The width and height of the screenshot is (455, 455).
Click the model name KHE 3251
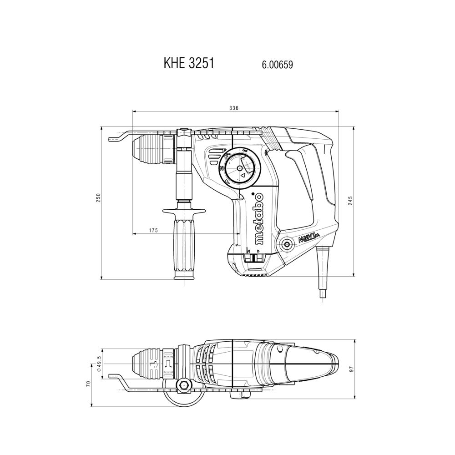click(189, 63)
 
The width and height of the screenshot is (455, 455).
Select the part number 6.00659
click(278, 65)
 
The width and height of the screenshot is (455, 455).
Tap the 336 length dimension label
click(233, 108)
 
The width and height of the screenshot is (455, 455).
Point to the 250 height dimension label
click(98, 197)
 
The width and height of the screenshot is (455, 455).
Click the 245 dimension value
click(350, 201)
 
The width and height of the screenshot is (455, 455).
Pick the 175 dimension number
click(153, 230)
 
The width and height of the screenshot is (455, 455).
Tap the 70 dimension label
click(89, 384)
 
